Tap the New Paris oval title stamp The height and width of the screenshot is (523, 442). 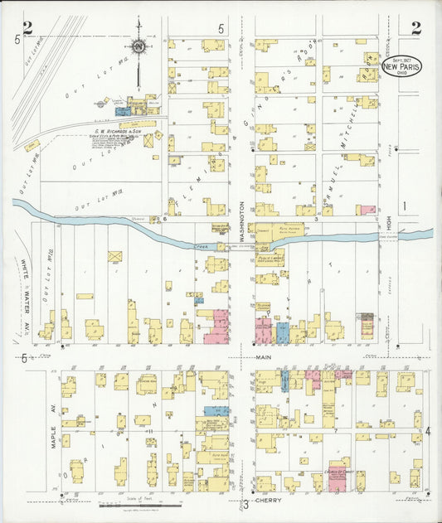[401, 67]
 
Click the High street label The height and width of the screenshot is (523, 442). [387, 220]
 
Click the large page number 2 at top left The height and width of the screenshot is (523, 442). [28, 28]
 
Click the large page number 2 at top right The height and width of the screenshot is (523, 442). [415, 28]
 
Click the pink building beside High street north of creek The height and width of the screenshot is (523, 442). [366, 211]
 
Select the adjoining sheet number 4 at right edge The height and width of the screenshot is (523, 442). [428, 432]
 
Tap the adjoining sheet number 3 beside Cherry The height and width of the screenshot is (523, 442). [245, 504]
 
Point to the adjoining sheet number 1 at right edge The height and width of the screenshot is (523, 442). [405, 206]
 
